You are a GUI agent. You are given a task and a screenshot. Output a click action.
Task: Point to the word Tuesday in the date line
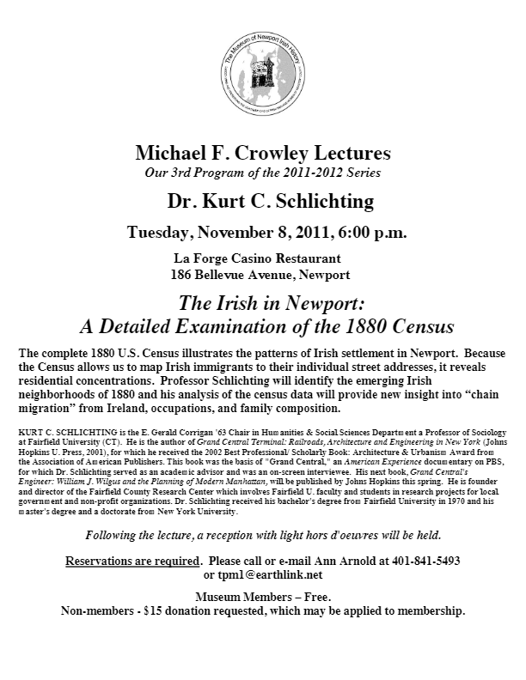tap(159, 233)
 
